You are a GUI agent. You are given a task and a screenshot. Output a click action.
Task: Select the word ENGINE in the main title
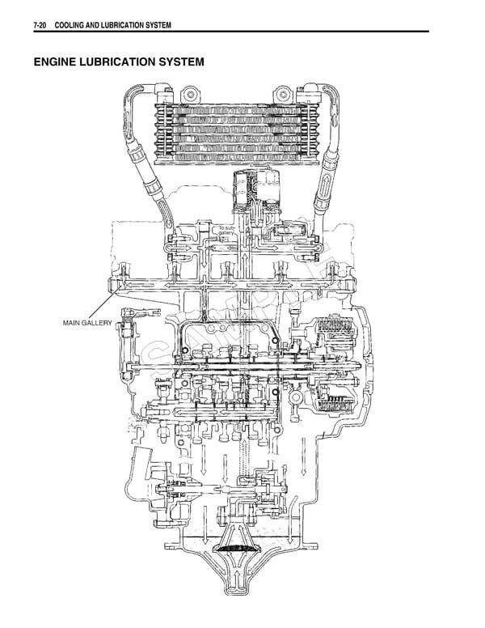point(56,62)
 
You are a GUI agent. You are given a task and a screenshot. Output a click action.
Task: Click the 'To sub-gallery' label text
point(226,232)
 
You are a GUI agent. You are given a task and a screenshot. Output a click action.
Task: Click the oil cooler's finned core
point(239,134)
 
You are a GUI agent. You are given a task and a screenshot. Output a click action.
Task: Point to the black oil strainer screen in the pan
point(239,549)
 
